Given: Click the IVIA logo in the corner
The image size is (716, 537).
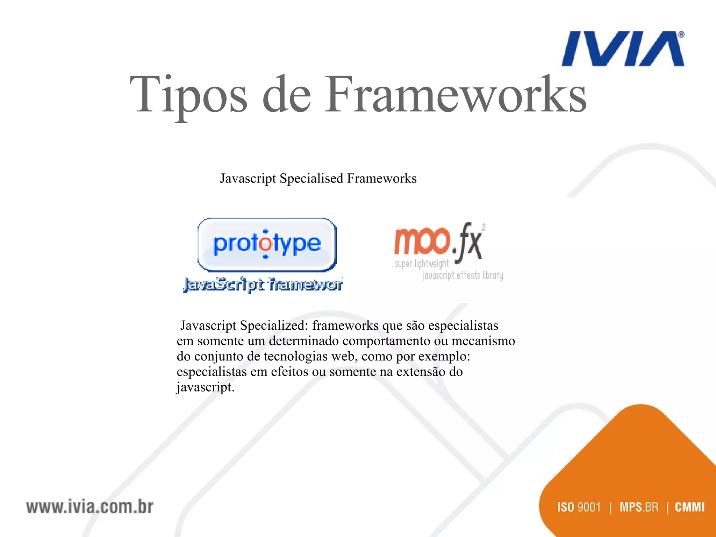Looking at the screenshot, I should tap(622, 49).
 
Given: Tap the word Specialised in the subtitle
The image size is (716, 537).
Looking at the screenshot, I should tap(312, 179).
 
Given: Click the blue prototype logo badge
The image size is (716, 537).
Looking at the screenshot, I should tap(267, 244).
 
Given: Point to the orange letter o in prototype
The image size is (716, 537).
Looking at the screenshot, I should tap(266, 244).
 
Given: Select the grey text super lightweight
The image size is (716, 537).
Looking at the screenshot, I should tap(421, 264).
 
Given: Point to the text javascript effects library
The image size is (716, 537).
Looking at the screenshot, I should tap(463, 275).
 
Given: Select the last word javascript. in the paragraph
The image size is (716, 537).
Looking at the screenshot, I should tap(205, 387).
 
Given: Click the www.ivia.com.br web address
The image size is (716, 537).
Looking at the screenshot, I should tap(89, 507).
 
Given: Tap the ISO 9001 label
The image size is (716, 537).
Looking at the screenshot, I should tap(579, 507).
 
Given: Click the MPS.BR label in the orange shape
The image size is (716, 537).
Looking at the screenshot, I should tap(639, 507).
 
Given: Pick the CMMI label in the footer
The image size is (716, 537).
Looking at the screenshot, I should tap(689, 507).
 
